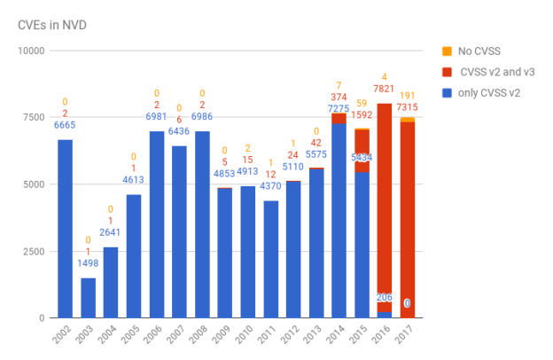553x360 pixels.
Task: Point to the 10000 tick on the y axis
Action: pos(32,51)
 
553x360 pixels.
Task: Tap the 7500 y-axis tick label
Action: pos(35,118)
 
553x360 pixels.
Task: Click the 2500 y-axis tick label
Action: pos(35,251)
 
